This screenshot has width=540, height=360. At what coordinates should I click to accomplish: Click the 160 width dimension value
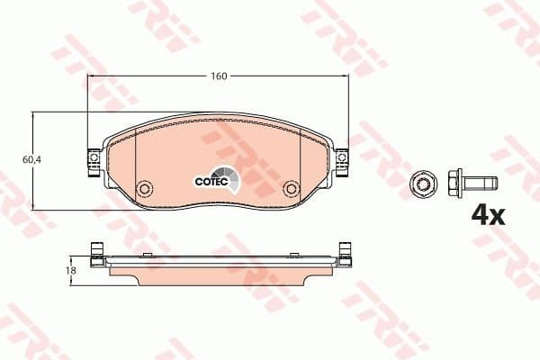[x=218, y=76]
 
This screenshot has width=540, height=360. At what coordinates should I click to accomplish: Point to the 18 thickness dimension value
[x=71, y=269]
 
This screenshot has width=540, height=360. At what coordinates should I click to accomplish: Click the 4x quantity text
[x=489, y=214]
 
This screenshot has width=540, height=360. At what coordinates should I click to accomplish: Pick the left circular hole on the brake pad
[x=143, y=190]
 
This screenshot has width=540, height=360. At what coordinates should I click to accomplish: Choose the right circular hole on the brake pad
[x=290, y=190]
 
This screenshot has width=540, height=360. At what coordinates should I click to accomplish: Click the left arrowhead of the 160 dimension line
[x=90, y=76]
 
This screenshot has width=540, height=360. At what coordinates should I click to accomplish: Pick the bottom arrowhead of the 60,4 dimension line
[x=32, y=206]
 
